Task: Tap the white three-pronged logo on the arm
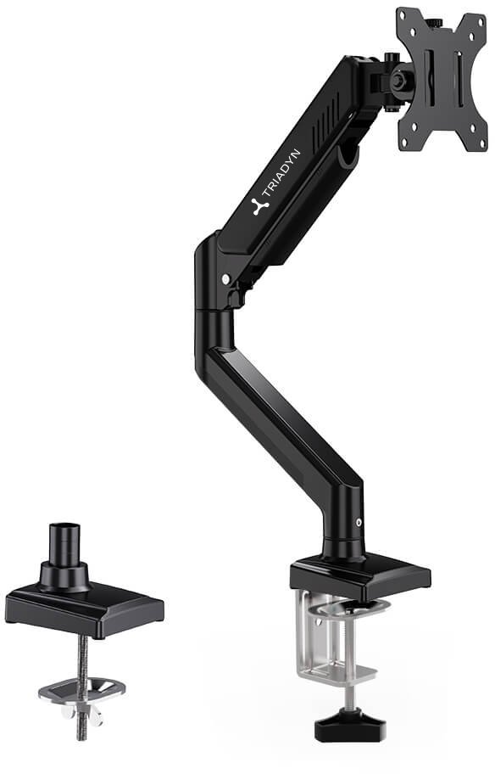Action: (260, 206)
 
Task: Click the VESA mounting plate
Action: (442, 79)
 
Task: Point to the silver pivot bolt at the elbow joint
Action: (225, 279)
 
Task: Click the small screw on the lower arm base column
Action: (359, 522)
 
